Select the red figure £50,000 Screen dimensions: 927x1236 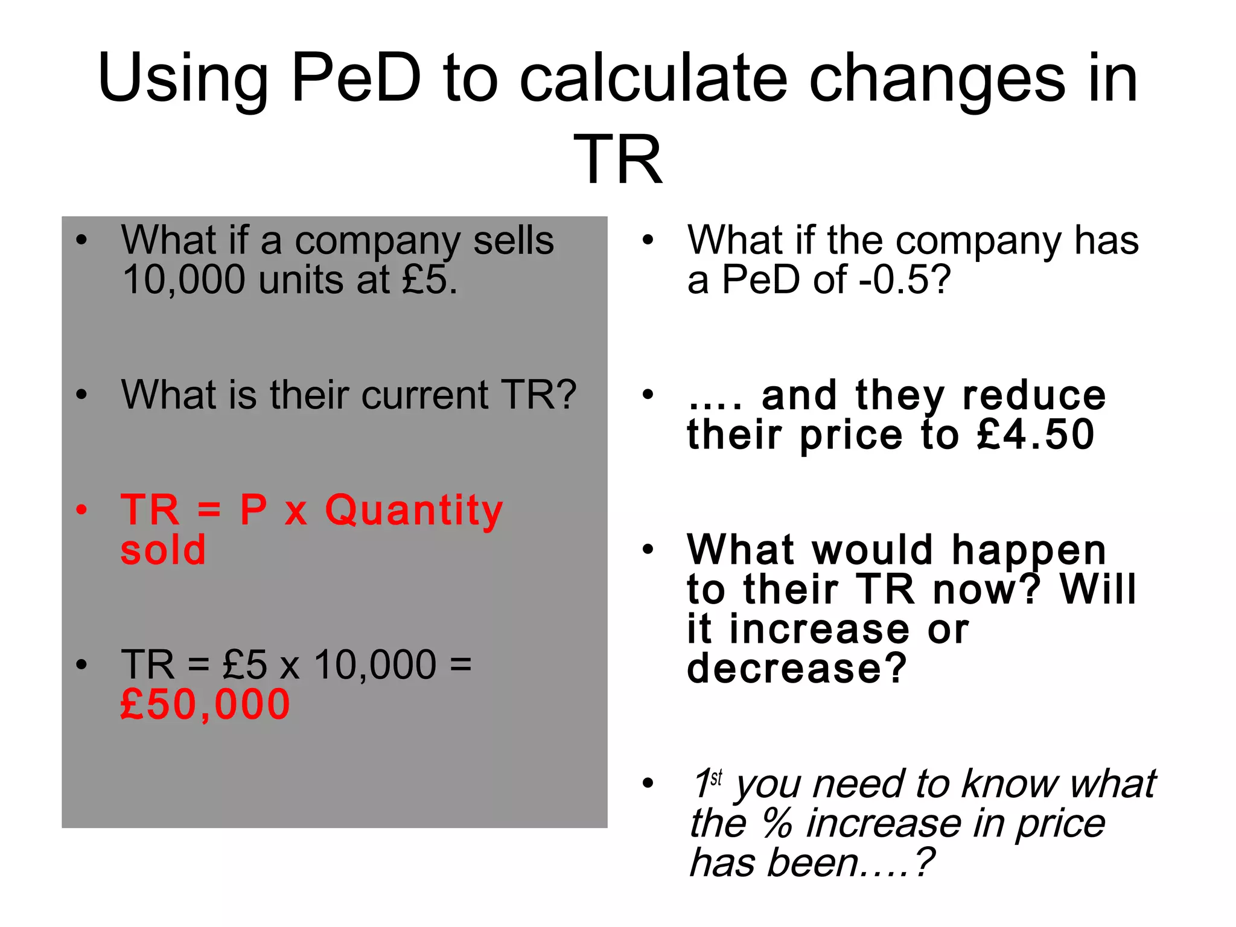click(205, 704)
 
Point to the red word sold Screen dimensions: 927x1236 click(163, 550)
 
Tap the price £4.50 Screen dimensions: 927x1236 click(1036, 435)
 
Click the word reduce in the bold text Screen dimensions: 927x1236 click(1034, 395)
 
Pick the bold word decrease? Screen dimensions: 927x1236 click(797, 668)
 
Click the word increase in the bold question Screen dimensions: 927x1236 click(819, 629)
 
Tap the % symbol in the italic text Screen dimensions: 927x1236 click(777, 823)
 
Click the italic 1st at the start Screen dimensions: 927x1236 click(707, 783)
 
